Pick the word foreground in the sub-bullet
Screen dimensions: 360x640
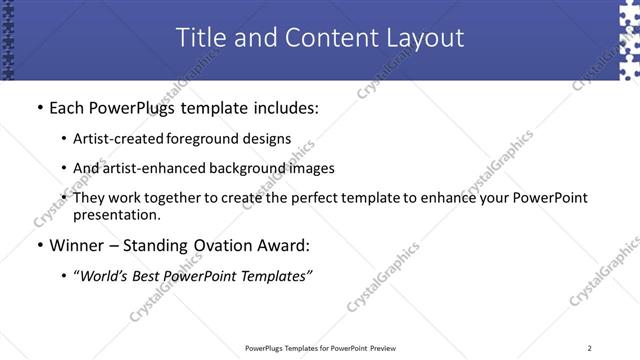click(x=204, y=139)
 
